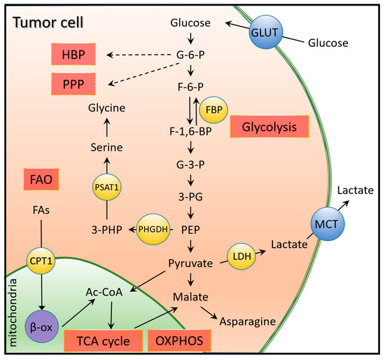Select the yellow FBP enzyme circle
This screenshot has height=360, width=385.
(211, 109)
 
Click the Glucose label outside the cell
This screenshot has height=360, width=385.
(328, 43)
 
